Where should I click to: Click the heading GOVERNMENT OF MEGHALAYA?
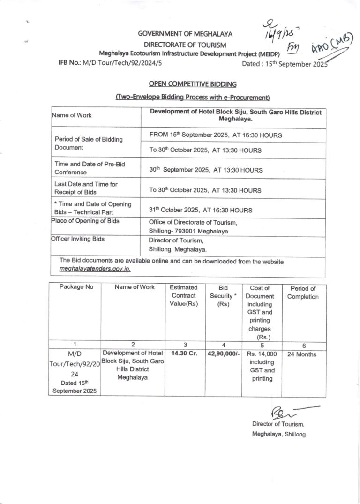[185, 34]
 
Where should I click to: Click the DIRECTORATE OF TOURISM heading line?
[185, 45]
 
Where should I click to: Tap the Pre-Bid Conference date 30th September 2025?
[206, 169]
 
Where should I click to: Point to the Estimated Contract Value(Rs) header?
[184, 296]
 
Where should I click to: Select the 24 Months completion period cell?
[303, 354]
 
